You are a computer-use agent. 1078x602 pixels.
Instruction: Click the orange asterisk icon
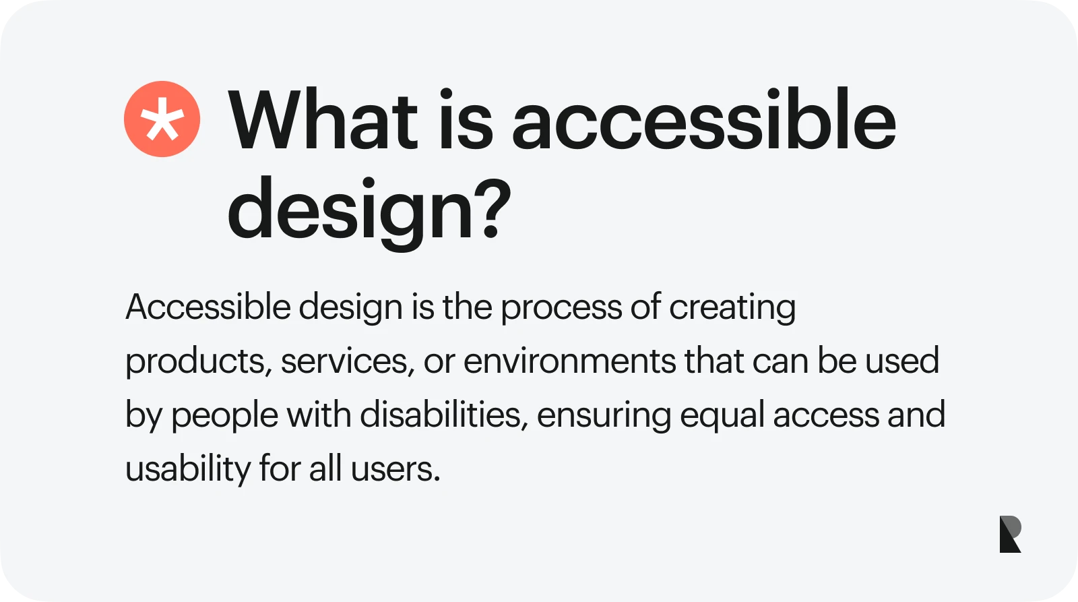tap(162, 119)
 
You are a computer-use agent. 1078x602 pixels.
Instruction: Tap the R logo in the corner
tap(1010, 534)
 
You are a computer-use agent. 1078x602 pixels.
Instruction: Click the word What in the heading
tap(323, 119)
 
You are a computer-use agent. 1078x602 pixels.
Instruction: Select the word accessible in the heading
tap(703, 119)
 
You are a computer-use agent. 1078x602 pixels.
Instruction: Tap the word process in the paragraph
tap(561, 309)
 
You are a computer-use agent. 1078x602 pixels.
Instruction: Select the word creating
tap(732, 309)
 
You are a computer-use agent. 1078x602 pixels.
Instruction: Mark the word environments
tap(570, 361)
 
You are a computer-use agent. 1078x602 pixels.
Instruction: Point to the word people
tap(225, 416)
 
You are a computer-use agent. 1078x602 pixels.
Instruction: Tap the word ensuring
tap(604, 416)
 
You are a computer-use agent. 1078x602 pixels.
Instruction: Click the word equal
tap(722, 416)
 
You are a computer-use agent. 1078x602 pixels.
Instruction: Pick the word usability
tap(188, 470)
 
